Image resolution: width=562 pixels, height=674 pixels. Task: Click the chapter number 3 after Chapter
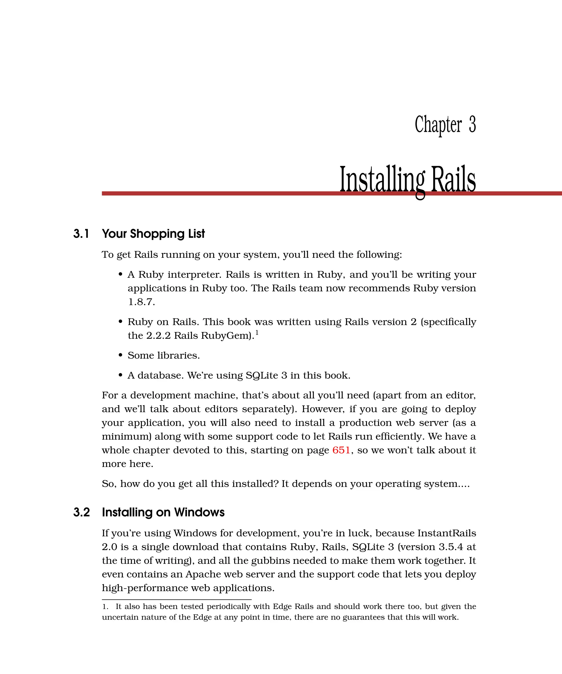[x=472, y=124]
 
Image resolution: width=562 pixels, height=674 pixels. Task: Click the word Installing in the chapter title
[x=382, y=180]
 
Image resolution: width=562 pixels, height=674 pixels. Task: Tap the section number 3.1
[x=81, y=234]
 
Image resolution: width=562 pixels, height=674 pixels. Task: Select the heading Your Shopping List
[x=153, y=234]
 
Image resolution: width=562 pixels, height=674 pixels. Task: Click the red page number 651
[x=341, y=450]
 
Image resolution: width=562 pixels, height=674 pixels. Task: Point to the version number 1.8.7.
[x=141, y=302]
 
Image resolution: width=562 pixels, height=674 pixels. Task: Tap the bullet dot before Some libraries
[x=120, y=355]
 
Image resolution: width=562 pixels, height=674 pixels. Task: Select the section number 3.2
[x=81, y=512]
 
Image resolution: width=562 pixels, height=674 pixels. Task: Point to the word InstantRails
[x=446, y=533]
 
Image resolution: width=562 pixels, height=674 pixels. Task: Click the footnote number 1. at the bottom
[x=105, y=607]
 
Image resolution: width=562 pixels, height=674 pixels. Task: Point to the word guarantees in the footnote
[x=364, y=617]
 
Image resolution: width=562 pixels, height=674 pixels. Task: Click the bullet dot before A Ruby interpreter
[x=120, y=274]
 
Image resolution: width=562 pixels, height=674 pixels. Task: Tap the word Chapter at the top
[x=438, y=124]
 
